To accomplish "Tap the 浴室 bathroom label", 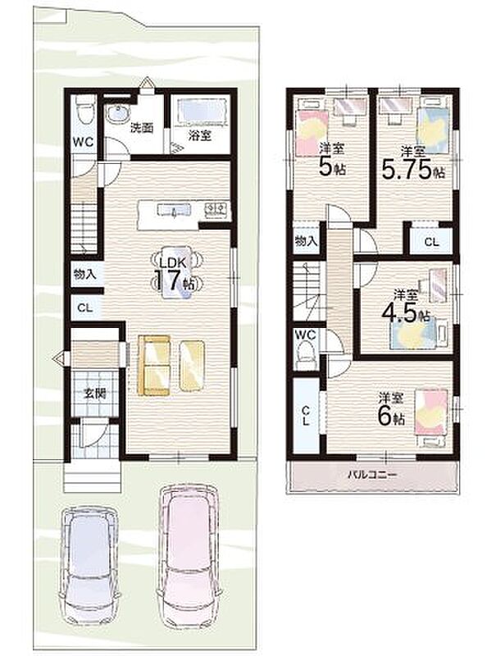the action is [x=199, y=135].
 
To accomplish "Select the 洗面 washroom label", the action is [x=141, y=128].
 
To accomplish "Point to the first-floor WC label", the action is [x=84, y=142].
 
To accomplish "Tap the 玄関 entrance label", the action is [x=95, y=394].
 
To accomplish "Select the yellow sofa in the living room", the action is [x=154, y=365].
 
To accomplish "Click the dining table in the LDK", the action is [x=175, y=272].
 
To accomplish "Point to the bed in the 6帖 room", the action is [x=430, y=413].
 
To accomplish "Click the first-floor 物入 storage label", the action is [x=85, y=275].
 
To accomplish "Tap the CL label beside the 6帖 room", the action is [x=307, y=415].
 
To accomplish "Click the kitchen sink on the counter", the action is [x=174, y=209].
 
